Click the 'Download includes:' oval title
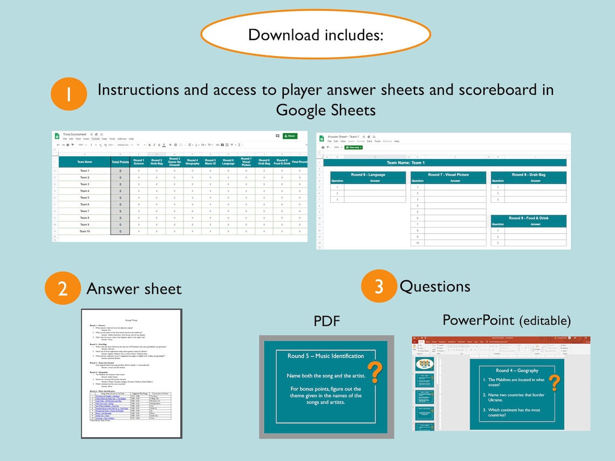click(x=316, y=35)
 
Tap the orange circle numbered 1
click(x=69, y=94)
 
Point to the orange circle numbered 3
click(x=379, y=286)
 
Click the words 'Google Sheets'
click(x=325, y=110)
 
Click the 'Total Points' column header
click(x=120, y=162)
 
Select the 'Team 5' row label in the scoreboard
click(x=85, y=198)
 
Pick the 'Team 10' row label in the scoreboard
click(x=85, y=231)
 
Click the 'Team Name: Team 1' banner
click(x=406, y=162)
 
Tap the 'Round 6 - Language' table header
click(x=368, y=175)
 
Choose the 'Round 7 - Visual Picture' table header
click(x=448, y=175)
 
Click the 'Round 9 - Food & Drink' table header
click(x=528, y=218)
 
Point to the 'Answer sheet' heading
click(x=134, y=288)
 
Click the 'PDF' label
click(x=327, y=321)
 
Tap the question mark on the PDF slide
click(x=377, y=372)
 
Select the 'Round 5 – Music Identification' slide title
click(x=325, y=356)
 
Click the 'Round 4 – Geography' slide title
click(x=517, y=370)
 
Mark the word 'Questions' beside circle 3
click(x=434, y=286)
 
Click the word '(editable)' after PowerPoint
click(x=545, y=321)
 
